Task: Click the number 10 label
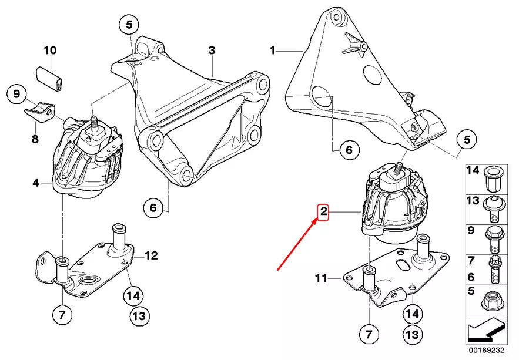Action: pyautogui.click(x=49, y=51)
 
